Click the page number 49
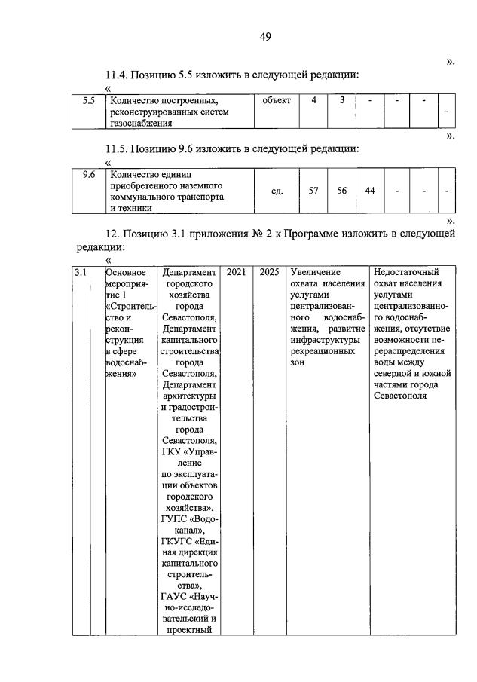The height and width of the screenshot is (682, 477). pos(265,37)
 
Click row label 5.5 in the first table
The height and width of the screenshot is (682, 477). pos(88,101)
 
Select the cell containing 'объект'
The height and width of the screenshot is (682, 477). pos(277,101)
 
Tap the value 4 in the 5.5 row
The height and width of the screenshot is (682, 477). pos(314,101)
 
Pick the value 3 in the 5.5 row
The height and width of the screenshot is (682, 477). pos(341,101)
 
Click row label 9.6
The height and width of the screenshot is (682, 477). pos(88,175)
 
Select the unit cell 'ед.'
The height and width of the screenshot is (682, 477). pos(277,191)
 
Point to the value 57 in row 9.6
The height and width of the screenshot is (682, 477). pos(314,191)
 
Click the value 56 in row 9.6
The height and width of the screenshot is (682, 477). pos(341,191)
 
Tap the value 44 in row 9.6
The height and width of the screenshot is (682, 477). pos(369,191)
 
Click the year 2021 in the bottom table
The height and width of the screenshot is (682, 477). pos(236,272)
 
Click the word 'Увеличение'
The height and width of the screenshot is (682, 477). pos(315,272)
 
